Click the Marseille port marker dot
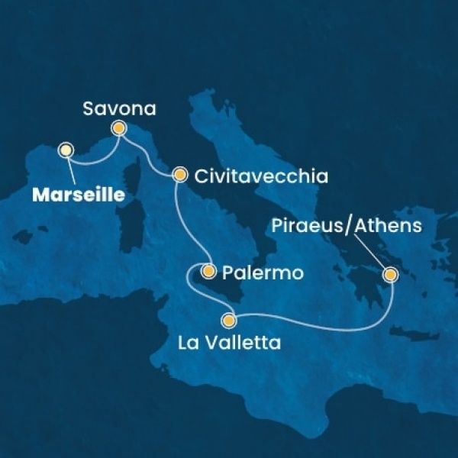pos(66,150)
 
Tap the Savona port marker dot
pos(119,129)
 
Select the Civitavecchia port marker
pos(179,175)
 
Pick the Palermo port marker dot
pos(208,270)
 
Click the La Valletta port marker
pos(229,321)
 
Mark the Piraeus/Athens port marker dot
pos(390,274)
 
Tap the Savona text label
pos(120,108)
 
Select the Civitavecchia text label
pos(261,177)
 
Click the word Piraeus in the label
pos(305,226)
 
